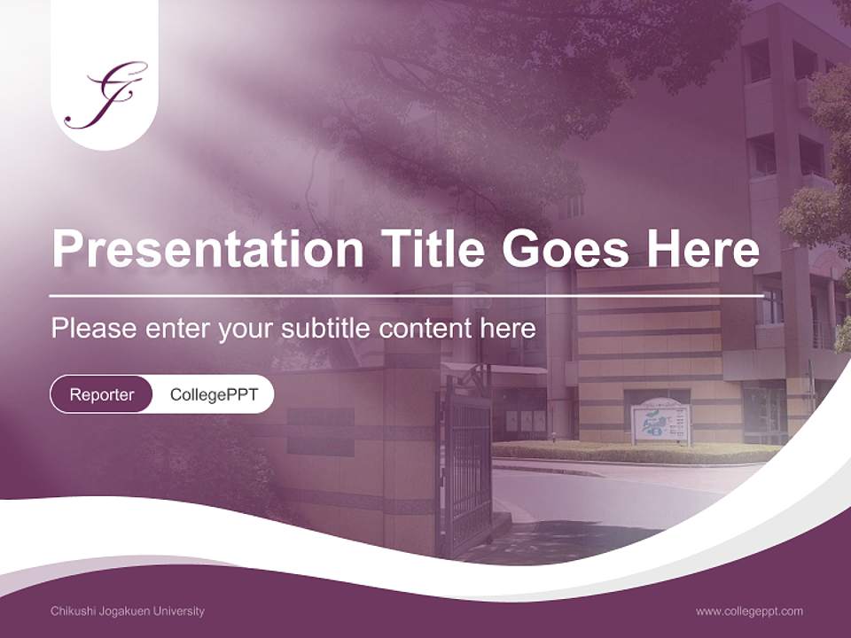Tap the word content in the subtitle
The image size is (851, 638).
point(425,329)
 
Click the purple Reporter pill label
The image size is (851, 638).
point(102,394)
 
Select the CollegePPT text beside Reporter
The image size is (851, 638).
point(214,394)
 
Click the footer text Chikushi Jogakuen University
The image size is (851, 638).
point(128,611)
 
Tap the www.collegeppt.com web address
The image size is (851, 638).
point(749,611)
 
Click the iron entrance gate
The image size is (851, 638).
point(467,470)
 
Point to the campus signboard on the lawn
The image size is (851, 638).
point(660,421)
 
